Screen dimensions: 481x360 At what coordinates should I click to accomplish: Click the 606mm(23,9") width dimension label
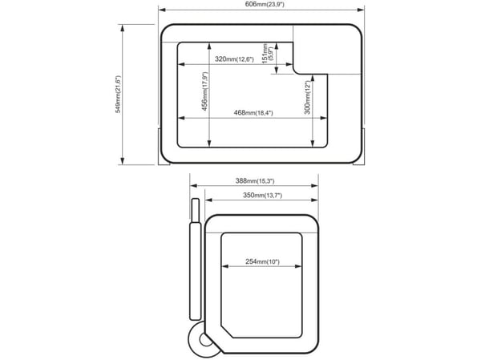tap(265, 4)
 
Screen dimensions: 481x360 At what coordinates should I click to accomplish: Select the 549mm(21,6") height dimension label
tap(118, 95)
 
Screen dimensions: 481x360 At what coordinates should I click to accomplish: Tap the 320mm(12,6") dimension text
tap(234, 59)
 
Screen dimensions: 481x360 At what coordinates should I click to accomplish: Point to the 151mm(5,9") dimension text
tap(267, 54)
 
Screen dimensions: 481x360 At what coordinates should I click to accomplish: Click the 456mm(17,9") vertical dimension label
tap(204, 91)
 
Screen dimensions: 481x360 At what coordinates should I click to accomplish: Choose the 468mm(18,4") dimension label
tap(253, 112)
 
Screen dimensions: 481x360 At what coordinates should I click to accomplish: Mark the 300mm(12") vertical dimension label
tap(308, 97)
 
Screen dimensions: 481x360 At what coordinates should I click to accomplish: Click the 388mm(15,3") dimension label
tap(255, 180)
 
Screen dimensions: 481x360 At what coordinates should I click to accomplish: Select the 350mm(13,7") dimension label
tap(262, 195)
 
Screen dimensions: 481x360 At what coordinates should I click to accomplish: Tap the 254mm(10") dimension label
tap(262, 261)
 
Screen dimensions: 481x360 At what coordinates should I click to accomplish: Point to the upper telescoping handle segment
tap(196, 210)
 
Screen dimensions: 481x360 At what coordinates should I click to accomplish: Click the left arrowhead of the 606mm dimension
tap(162, 10)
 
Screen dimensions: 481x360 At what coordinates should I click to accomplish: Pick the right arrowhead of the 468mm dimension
tap(324, 118)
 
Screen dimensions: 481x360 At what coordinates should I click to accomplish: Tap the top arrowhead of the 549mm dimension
tap(123, 28)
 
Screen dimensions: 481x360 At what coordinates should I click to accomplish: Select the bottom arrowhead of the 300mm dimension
tap(313, 144)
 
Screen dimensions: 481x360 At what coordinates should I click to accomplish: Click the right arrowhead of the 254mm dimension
tap(298, 266)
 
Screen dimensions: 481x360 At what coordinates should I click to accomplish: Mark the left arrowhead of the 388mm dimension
tap(193, 185)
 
